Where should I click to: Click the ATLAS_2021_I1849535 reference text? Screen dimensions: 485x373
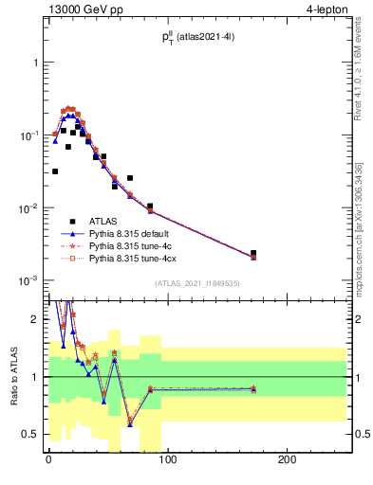(197, 283)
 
